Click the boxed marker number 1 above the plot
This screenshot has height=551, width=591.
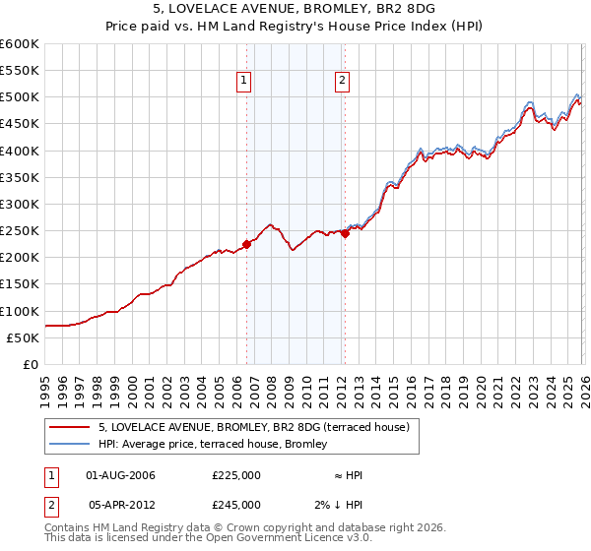pos(244,82)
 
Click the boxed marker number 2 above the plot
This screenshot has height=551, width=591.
pos(342,82)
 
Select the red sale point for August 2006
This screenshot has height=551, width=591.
pos(246,245)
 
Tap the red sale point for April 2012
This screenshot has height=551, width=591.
pos(345,233)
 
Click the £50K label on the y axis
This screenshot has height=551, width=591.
pos(23,337)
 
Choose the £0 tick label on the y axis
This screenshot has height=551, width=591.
pos(31,364)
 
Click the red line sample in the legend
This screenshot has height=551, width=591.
pos(70,427)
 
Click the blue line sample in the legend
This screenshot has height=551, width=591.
pos(70,445)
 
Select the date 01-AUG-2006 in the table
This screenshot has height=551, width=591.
pos(120,475)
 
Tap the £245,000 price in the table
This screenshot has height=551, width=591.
pos(236,504)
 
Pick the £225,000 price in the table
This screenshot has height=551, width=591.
pos(236,475)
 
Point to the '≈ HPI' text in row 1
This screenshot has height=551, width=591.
pos(348,475)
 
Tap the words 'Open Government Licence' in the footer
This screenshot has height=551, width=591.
pos(270,538)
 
